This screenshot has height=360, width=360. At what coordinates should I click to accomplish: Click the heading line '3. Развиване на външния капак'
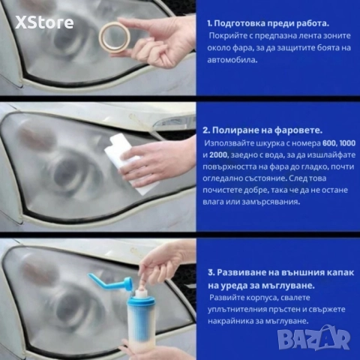tap(278, 271)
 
